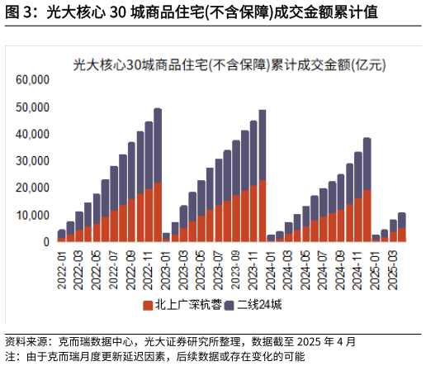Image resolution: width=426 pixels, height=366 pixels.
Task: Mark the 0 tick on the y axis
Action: [46, 241]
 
